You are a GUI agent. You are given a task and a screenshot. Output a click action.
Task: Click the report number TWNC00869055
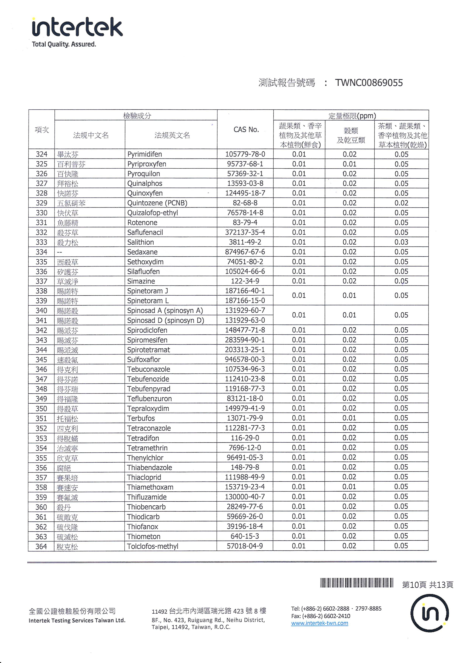[369, 83]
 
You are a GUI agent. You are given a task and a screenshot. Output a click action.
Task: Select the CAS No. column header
[246, 130]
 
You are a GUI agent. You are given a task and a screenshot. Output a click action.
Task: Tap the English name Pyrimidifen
[144, 154]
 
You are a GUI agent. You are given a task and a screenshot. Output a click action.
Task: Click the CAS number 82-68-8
[245, 203]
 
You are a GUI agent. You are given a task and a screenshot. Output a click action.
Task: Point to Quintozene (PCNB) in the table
[157, 203]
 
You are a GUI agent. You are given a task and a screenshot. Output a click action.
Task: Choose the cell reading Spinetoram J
[147, 291]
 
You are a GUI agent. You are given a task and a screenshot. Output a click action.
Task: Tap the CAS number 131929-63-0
[245, 320]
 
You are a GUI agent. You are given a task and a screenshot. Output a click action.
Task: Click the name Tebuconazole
[148, 369]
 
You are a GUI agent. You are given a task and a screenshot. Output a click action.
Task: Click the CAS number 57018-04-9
[245, 546]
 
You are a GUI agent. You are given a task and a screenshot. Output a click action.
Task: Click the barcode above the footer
[357, 583]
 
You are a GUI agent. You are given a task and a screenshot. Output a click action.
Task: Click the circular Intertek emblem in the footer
[430, 613]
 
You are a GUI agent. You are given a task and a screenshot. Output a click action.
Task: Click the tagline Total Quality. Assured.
[64, 44]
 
